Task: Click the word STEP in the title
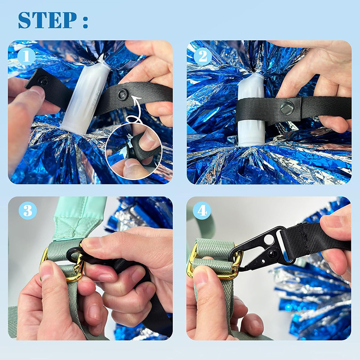pyautogui.click(x=47, y=20)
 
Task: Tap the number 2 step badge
pyautogui.click(x=203, y=56)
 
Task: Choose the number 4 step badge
pyautogui.click(x=202, y=210)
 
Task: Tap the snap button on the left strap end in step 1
pyautogui.click(x=43, y=81)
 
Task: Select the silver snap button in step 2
pyautogui.click(x=286, y=108)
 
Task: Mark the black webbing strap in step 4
pyautogui.click(x=315, y=238)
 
